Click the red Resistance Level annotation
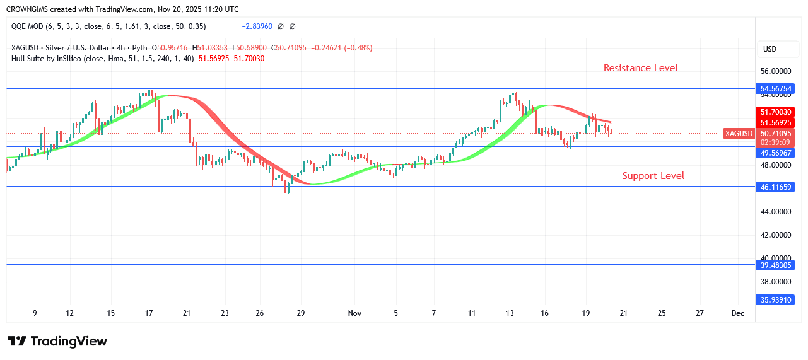tap(640, 68)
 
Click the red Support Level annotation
tap(653, 176)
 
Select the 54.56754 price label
tap(775, 89)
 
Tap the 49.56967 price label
tap(775, 153)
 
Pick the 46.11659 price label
tap(775, 187)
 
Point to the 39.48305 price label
tap(775, 265)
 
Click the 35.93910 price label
tap(775, 300)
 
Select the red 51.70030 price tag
tap(775, 112)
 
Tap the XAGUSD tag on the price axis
tap(739, 134)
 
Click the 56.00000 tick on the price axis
tap(775, 71)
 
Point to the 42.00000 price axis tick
tap(775, 235)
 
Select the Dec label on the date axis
tap(737, 313)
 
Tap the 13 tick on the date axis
tap(510, 313)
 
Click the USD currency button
tap(770, 49)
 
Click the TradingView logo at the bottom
tap(57, 341)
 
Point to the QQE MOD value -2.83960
tap(257, 26)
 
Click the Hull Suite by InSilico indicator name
tap(50, 59)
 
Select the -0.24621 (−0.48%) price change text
tap(341, 48)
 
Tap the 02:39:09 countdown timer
tap(775, 142)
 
